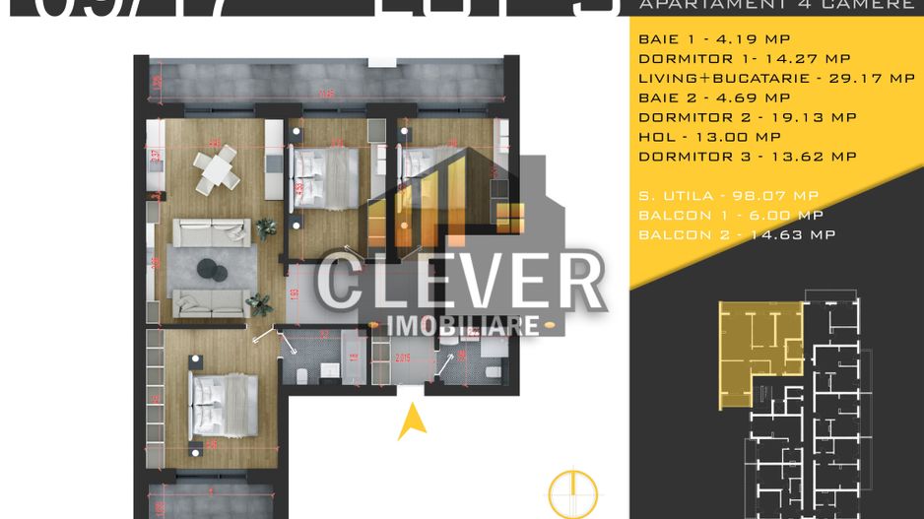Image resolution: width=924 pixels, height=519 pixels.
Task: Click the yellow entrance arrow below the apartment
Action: (412, 423)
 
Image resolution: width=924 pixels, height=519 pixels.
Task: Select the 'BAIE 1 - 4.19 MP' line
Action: (700, 39)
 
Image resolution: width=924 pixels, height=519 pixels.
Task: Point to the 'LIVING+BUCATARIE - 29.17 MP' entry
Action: (776, 78)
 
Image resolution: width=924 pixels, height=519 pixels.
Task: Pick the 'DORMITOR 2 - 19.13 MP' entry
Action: (748, 117)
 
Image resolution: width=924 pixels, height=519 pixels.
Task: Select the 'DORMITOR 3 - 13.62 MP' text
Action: (748, 157)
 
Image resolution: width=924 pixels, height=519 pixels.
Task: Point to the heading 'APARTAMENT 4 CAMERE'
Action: (776, 5)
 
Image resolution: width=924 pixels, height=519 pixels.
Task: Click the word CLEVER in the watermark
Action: (460, 282)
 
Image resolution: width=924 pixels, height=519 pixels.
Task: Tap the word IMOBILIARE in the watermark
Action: (463, 325)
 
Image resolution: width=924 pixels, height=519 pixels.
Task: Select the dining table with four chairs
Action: (216, 170)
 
